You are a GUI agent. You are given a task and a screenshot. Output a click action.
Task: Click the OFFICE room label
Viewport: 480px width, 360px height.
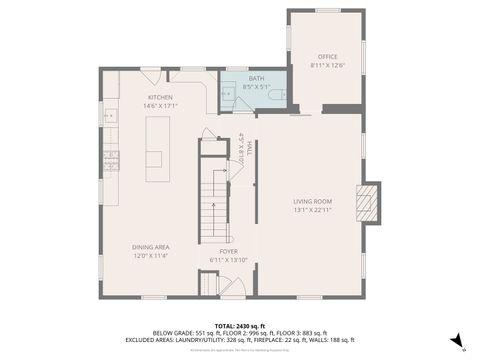(x=328, y=57)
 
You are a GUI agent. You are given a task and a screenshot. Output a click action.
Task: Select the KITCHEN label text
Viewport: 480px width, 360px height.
(x=160, y=97)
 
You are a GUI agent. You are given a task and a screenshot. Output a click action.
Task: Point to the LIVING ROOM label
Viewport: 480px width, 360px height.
(x=312, y=202)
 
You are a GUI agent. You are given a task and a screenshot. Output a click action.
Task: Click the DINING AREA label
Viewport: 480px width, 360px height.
(x=151, y=246)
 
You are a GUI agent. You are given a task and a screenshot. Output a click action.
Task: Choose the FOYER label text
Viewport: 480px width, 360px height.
(x=229, y=252)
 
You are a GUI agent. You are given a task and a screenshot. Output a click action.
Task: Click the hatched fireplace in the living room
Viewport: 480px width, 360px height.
(x=368, y=201)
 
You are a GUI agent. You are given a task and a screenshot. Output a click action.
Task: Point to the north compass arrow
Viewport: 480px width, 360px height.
(x=455, y=341)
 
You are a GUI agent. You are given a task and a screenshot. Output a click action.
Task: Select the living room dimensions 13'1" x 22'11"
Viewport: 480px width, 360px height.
(x=312, y=210)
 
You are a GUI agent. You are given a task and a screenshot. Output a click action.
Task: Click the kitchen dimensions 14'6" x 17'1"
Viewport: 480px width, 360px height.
(x=160, y=105)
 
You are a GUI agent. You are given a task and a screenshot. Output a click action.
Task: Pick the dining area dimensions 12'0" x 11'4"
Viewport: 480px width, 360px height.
(x=151, y=254)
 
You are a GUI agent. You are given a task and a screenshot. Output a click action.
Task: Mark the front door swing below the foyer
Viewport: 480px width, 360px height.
(x=232, y=288)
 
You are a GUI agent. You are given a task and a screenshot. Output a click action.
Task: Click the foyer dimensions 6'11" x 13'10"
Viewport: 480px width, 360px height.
(x=229, y=260)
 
